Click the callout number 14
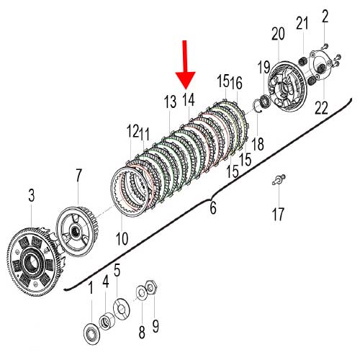point(189,100)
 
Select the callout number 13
point(170,102)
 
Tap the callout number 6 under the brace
point(213,208)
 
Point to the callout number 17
point(278,215)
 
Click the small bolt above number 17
point(279,179)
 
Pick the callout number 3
point(32,195)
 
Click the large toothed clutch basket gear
point(34,261)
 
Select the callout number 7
point(78,176)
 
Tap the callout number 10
point(122,238)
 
